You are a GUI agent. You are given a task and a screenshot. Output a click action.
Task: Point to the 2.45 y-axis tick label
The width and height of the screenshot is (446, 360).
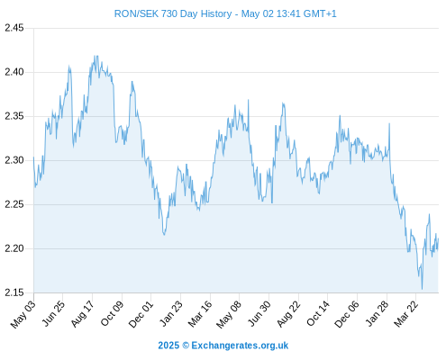14,28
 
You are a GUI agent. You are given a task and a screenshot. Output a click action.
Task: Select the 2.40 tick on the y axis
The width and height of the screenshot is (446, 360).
14,72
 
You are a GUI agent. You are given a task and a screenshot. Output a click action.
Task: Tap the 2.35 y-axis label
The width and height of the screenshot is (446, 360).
14,116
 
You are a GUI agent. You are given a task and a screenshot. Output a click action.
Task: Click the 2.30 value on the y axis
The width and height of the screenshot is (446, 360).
14,160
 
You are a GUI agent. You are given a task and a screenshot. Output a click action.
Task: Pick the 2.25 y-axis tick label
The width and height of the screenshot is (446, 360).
14,204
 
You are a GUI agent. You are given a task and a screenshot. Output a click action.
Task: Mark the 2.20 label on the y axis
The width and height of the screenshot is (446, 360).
14,248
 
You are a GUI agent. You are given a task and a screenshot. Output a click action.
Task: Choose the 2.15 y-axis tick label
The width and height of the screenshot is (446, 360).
14,292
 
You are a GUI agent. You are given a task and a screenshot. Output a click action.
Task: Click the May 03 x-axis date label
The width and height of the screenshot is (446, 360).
23,314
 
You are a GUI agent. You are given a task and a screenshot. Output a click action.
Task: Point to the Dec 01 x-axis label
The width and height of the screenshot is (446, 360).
141,314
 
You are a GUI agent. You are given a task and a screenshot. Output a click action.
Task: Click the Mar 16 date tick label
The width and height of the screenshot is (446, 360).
200,314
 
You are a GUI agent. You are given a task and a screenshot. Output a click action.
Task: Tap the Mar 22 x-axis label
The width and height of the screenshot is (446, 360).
405,314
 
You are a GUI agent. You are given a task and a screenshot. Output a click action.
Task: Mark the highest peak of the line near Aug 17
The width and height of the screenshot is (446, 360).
96,56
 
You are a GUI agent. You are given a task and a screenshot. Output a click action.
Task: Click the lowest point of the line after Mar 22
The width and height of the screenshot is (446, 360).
422,289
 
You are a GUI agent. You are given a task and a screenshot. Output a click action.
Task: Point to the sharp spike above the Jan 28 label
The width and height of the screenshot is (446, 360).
389,123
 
